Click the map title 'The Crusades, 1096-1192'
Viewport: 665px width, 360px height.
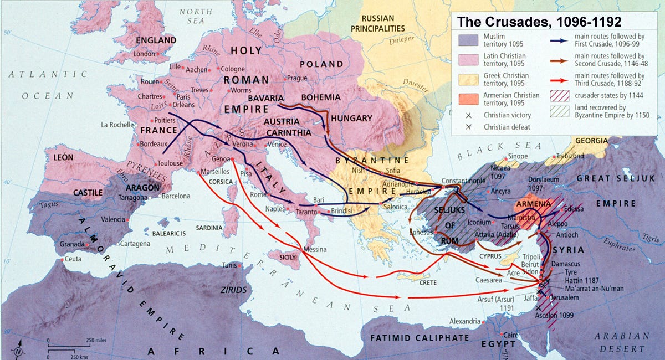538,22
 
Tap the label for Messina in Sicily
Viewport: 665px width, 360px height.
315,250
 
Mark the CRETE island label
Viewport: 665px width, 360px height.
428,282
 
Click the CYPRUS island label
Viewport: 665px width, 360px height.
490,256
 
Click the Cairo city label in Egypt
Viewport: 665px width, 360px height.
513,335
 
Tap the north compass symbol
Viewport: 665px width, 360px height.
18,349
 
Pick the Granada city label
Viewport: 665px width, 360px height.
70,244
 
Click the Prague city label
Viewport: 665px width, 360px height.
297,78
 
